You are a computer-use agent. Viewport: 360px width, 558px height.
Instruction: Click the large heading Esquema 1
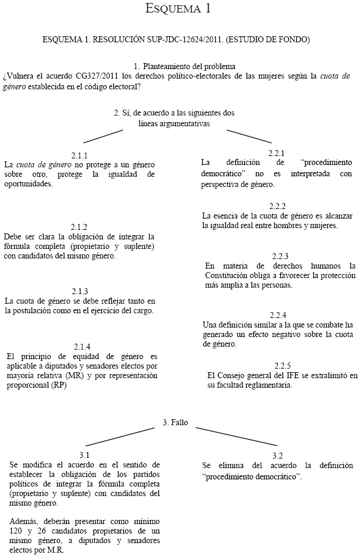(179, 9)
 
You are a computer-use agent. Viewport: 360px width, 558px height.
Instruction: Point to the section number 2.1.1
(79, 154)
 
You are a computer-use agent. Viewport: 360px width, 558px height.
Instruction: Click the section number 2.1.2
(79, 227)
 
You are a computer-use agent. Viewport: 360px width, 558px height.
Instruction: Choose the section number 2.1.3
(80, 291)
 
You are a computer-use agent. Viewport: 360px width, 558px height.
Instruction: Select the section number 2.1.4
(82, 347)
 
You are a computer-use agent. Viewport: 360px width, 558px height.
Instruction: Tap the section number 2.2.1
(276, 152)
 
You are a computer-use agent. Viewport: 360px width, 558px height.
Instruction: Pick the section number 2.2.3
(280, 255)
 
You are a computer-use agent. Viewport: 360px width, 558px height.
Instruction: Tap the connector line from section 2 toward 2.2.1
(232, 135)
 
